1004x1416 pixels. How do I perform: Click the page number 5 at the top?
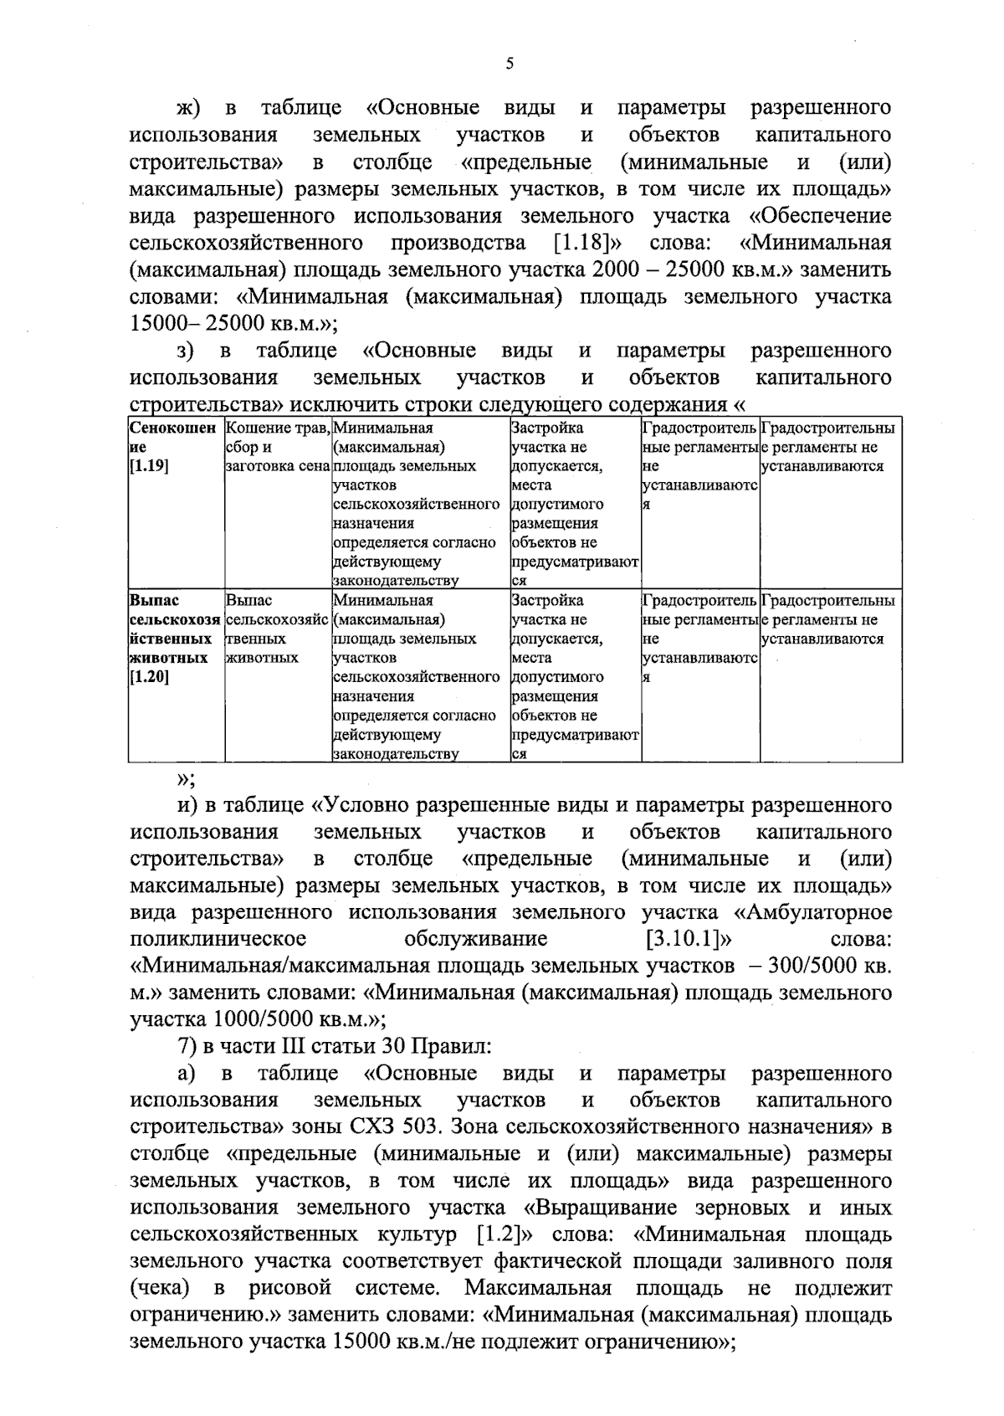tap(509, 65)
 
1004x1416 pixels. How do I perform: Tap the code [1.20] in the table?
tap(150, 677)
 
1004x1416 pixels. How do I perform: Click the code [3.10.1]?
tap(684, 940)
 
